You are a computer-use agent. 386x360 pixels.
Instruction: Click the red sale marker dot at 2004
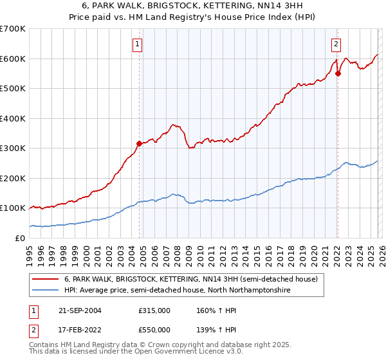click(139, 143)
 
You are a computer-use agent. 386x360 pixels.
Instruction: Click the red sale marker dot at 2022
click(338, 73)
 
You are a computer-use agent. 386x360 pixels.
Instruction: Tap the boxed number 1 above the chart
click(138, 44)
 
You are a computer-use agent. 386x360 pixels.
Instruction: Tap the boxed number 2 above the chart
click(336, 44)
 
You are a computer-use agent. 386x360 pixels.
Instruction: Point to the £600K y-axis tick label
click(13, 59)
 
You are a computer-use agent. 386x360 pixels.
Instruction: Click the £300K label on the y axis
click(13, 148)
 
